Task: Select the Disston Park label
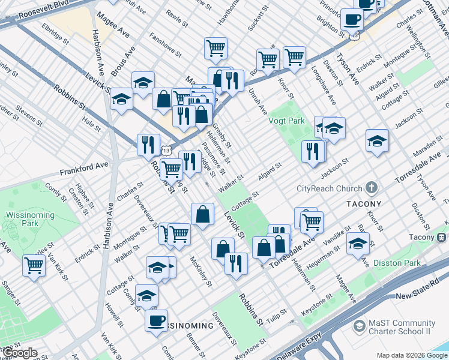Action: [396, 263]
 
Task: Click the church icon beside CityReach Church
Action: [372, 188]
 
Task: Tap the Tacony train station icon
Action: [442, 237]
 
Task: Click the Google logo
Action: [20, 353]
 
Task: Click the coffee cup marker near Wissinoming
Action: [157, 320]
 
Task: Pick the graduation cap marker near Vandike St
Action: [358, 243]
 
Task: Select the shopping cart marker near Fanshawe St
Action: [215, 48]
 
